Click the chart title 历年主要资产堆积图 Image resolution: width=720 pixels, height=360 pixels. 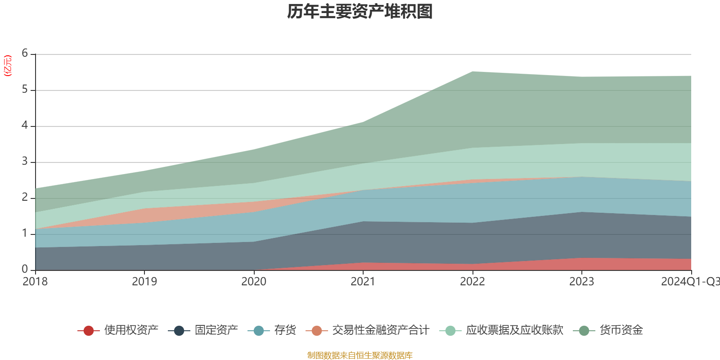pyautogui.click(x=360, y=12)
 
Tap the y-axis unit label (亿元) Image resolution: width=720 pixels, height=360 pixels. pyautogui.click(x=8, y=66)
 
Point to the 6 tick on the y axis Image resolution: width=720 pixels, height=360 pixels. pyautogui.click(x=25, y=54)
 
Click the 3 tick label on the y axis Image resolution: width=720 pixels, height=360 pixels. pyautogui.click(x=25, y=162)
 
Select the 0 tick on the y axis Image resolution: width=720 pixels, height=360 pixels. pyautogui.click(x=25, y=270)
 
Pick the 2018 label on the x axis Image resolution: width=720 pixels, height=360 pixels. pyautogui.click(x=35, y=282)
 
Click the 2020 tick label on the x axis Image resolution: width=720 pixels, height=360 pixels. pyautogui.click(x=254, y=282)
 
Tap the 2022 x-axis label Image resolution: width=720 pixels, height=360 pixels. pyautogui.click(x=472, y=282)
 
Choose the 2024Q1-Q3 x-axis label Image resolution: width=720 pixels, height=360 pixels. pyautogui.click(x=689, y=282)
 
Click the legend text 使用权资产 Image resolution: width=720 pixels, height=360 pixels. pyautogui.click(x=131, y=330)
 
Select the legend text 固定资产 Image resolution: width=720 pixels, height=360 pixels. pyautogui.click(x=216, y=330)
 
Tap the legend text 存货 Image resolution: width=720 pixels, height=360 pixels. pyautogui.click(x=285, y=330)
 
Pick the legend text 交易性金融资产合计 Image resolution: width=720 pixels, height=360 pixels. pyautogui.click(x=381, y=330)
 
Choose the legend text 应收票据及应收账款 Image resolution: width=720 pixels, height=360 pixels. pyautogui.click(x=514, y=330)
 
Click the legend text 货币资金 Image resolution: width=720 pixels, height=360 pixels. pyautogui.click(x=621, y=330)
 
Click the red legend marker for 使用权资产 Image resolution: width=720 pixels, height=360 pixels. pyautogui.click(x=89, y=331)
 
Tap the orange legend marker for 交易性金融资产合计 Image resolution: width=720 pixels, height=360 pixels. pyautogui.click(x=317, y=331)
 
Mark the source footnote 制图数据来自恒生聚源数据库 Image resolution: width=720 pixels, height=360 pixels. pyautogui.click(x=360, y=355)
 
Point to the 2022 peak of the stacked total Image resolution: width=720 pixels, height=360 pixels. pyautogui.click(x=472, y=72)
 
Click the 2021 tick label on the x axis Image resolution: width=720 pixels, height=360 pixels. pyautogui.click(x=363, y=282)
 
